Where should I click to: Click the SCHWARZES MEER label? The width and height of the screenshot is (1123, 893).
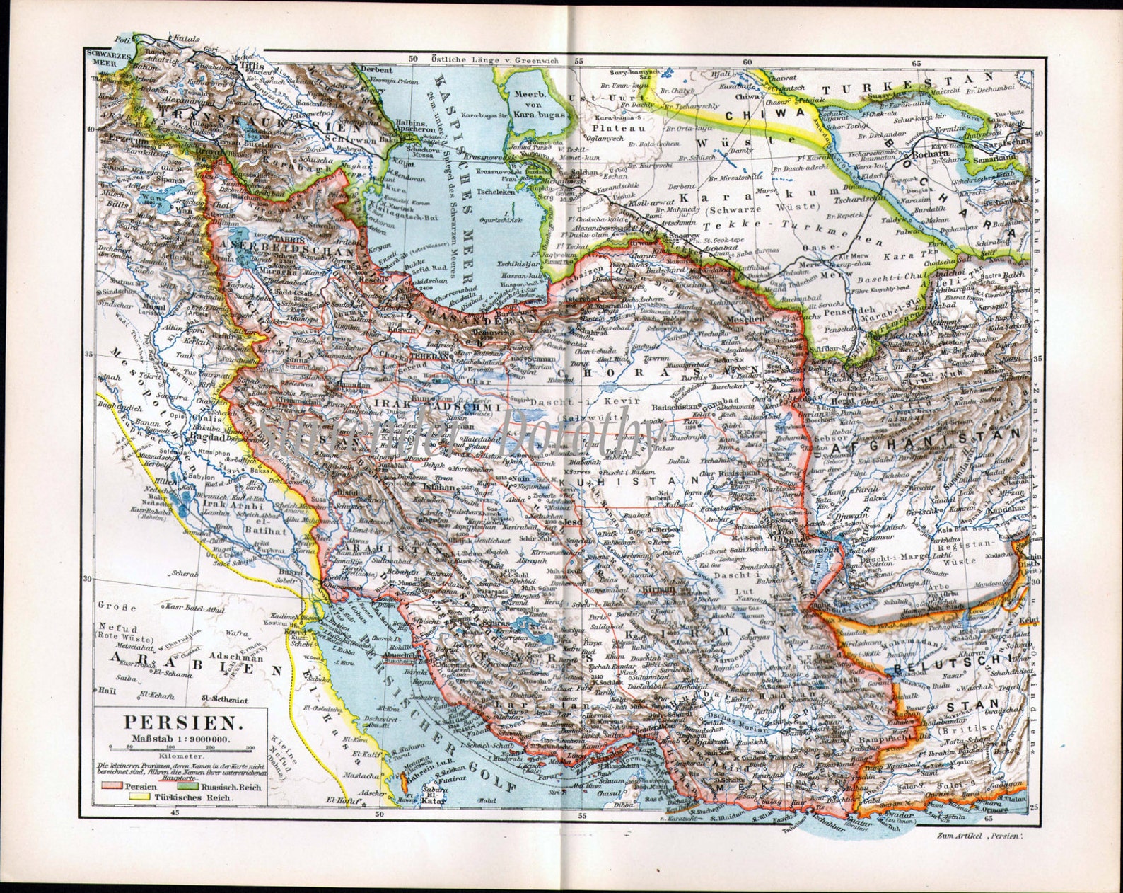point(100,56)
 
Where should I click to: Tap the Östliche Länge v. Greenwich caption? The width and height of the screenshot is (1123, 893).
point(496,60)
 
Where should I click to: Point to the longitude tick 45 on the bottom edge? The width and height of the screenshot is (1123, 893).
point(175,812)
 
